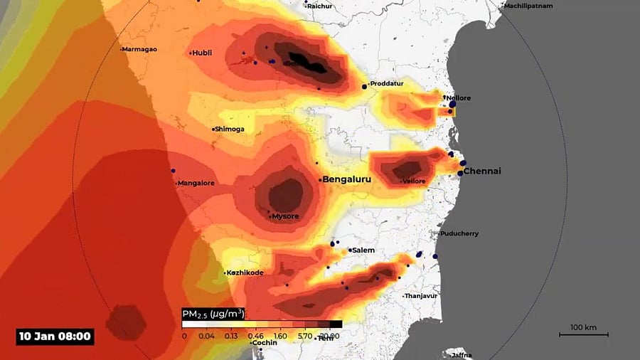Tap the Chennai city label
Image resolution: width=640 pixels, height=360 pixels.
point(482,171)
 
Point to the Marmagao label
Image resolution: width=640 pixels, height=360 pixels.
point(139,49)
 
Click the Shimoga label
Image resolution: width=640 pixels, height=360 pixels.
point(230,129)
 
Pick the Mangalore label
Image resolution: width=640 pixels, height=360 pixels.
point(196,184)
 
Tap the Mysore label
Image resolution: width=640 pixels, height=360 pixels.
point(285,216)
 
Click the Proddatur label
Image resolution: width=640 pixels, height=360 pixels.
point(387,84)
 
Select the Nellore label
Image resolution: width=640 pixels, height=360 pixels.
point(459,98)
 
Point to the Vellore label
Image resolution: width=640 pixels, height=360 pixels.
point(414,181)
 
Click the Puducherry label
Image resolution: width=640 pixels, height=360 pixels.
point(459,234)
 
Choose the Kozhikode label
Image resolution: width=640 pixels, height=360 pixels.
point(246,273)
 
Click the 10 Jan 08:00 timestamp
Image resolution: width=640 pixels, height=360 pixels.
point(55,336)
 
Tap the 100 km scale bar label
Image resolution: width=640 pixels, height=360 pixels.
point(582,327)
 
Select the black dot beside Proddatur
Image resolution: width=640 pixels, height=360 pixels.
point(365,86)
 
